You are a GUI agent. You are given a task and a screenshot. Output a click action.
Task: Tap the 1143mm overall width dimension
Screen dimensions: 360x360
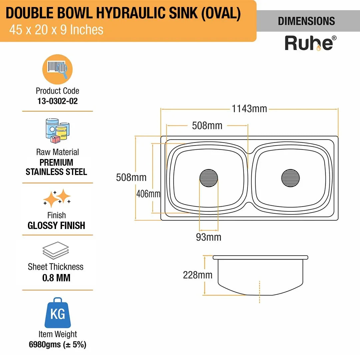tap(249, 109)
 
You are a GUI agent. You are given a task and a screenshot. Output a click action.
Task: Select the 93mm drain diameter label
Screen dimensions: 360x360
tap(209, 237)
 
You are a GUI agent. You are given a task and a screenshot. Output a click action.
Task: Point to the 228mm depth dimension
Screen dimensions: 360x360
tap(197, 275)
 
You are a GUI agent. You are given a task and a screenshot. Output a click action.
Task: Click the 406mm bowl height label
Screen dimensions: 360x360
tap(148, 194)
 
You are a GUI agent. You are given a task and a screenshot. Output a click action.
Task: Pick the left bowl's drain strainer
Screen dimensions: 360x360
tap(209, 178)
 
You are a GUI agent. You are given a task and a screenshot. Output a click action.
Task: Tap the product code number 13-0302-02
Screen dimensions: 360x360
tap(57, 101)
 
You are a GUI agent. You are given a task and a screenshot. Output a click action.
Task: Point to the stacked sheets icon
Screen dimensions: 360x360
tap(56, 250)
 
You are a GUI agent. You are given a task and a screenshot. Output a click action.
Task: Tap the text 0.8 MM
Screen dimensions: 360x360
tap(56, 278)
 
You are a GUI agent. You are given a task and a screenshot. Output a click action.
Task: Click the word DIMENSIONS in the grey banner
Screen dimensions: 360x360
tap(306, 21)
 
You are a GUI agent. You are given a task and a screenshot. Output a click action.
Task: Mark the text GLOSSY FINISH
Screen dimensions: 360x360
tap(56, 225)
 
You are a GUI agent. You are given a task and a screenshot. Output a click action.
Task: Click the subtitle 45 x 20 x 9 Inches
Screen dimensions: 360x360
tap(56, 30)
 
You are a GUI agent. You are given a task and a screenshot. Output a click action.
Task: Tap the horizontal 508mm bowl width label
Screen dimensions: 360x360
tap(207, 126)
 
